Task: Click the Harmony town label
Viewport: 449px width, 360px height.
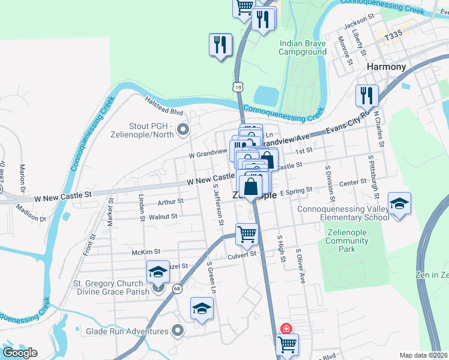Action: pyautogui.click(x=387, y=67)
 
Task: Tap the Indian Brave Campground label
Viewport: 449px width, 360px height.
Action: pyautogui.click(x=303, y=47)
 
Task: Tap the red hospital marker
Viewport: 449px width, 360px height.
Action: pyautogui.click(x=287, y=328)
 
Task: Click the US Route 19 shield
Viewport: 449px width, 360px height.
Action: pyautogui.click(x=239, y=88)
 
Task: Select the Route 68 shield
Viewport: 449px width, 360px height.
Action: pyautogui.click(x=176, y=289)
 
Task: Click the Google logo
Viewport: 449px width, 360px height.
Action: pyautogui.click(x=19, y=353)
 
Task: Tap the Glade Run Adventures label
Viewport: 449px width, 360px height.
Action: pyautogui.click(x=127, y=331)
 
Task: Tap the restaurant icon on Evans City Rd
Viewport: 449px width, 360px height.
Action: pyautogui.click(x=366, y=95)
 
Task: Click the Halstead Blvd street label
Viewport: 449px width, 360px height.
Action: pyautogui.click(x=163, y=107)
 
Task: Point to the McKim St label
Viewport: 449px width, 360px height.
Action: pyautogui.click(x=146, y=253)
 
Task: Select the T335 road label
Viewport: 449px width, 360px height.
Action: pyautogui.click(x=393, y=36)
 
